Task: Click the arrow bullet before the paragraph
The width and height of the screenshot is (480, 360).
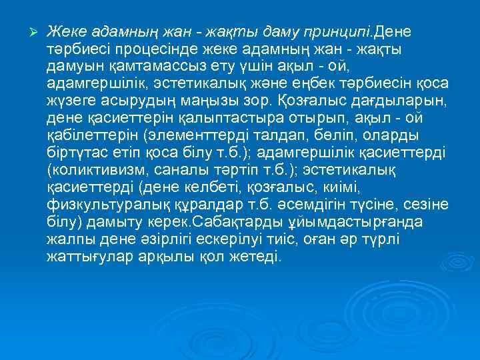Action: pyautogui.click(x=27, y=31)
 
